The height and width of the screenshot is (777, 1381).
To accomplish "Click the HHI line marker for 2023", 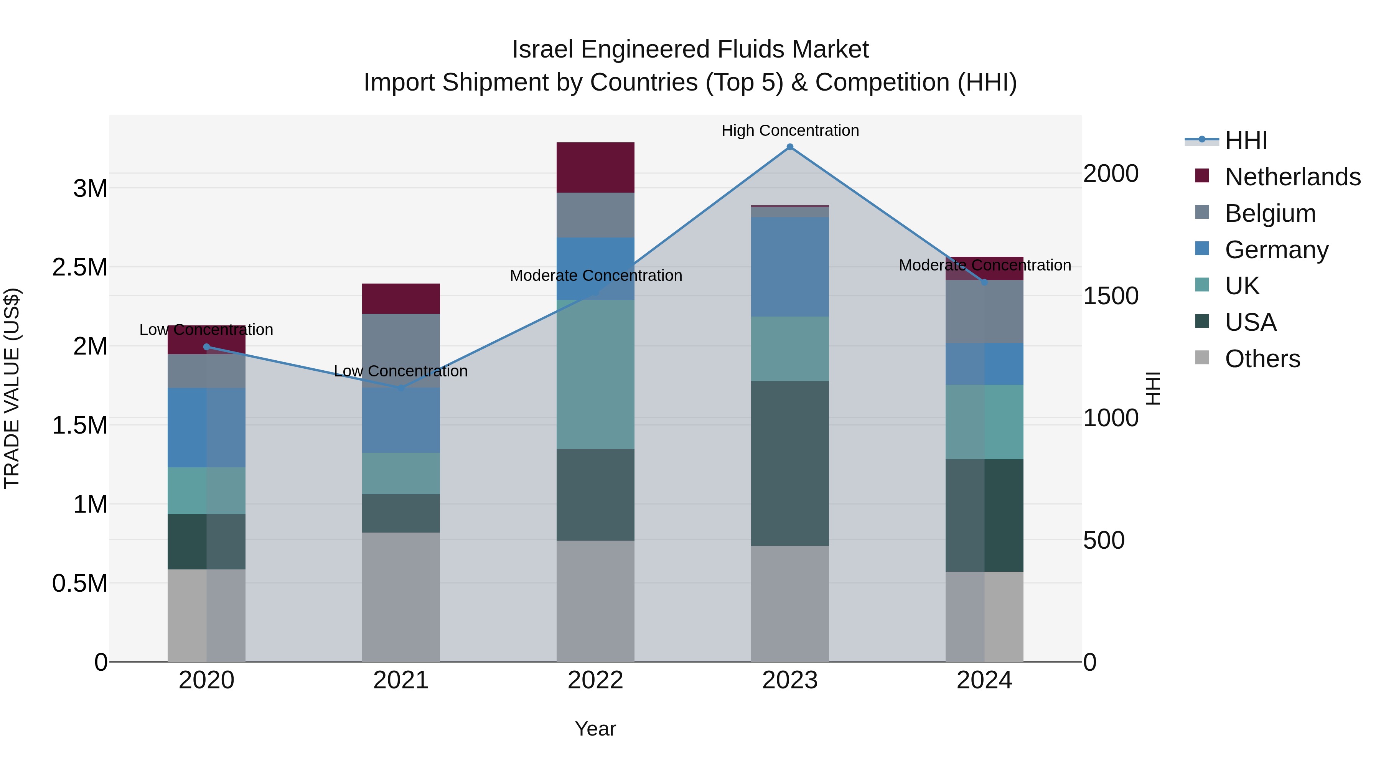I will tap(790, 147).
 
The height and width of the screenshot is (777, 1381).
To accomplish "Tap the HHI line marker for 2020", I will tap(206, 347).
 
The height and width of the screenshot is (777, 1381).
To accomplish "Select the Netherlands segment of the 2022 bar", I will tap(595, 167).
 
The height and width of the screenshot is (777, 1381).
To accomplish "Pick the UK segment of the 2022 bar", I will tap(595, 374).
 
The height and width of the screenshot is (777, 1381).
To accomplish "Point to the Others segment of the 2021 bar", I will tap(400, 597).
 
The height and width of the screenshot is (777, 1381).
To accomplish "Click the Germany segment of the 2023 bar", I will tap(790, 267).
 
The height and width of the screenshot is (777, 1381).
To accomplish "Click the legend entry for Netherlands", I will tap(1292, 177).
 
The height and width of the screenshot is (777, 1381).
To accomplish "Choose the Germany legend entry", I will tap(1276, 250).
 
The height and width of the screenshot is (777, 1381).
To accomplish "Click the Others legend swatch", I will tap(1202, 358).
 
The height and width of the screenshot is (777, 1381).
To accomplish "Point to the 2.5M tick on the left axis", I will tap(80, 267).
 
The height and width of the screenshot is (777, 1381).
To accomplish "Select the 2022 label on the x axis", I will tap(595, 680).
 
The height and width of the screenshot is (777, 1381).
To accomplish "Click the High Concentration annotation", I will tap(790, 130).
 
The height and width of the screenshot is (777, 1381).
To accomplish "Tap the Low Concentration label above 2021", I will tap(400, 371).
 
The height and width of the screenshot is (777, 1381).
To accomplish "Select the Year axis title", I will tap(595, 729).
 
